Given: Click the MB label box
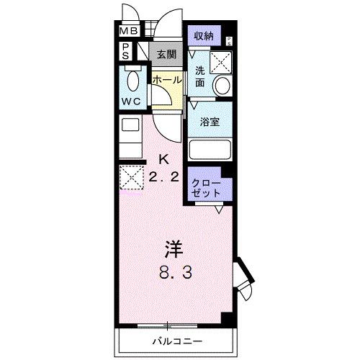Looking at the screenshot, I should [129, 31].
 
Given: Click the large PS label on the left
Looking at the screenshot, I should [126, 50].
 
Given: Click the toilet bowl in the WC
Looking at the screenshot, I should [132, 78].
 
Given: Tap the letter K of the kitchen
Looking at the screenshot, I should [163, 160].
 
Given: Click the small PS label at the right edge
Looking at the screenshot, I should [230, 40].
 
